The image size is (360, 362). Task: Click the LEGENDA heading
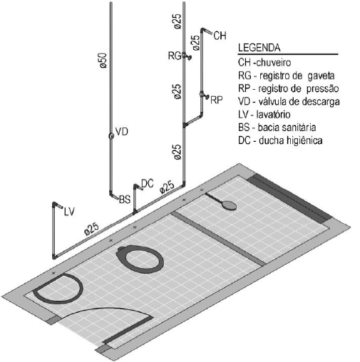click(x=259, y=48)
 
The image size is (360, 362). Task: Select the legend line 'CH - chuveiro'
click(x=264, y=63)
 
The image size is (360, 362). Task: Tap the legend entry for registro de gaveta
click(x=287, y=76)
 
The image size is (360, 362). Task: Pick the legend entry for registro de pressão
click(x=289, y=88)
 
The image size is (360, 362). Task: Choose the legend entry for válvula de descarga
click(x=289, y=101)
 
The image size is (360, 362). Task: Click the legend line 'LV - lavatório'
click(x=264, y=115)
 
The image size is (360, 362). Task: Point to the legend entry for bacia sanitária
click(x=277, y=128)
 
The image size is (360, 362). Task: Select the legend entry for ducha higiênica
click(x=280, y=140)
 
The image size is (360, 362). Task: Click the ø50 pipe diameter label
click(x=103, y=61)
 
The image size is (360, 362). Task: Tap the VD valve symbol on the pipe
click(x=111, y=136)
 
